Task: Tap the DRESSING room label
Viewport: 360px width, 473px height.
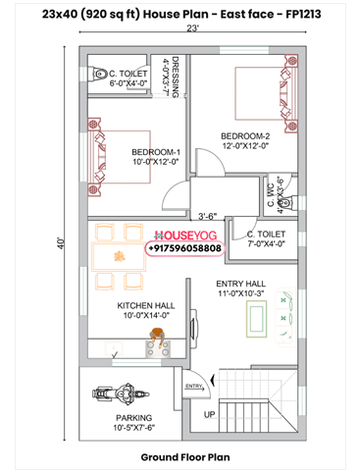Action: (177, 79)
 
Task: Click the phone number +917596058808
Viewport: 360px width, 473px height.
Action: (184, 249)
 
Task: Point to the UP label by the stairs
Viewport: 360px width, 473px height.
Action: (209, 414)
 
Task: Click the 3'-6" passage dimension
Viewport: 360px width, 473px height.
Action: (207, 216)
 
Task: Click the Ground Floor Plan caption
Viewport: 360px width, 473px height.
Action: (184, 457)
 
